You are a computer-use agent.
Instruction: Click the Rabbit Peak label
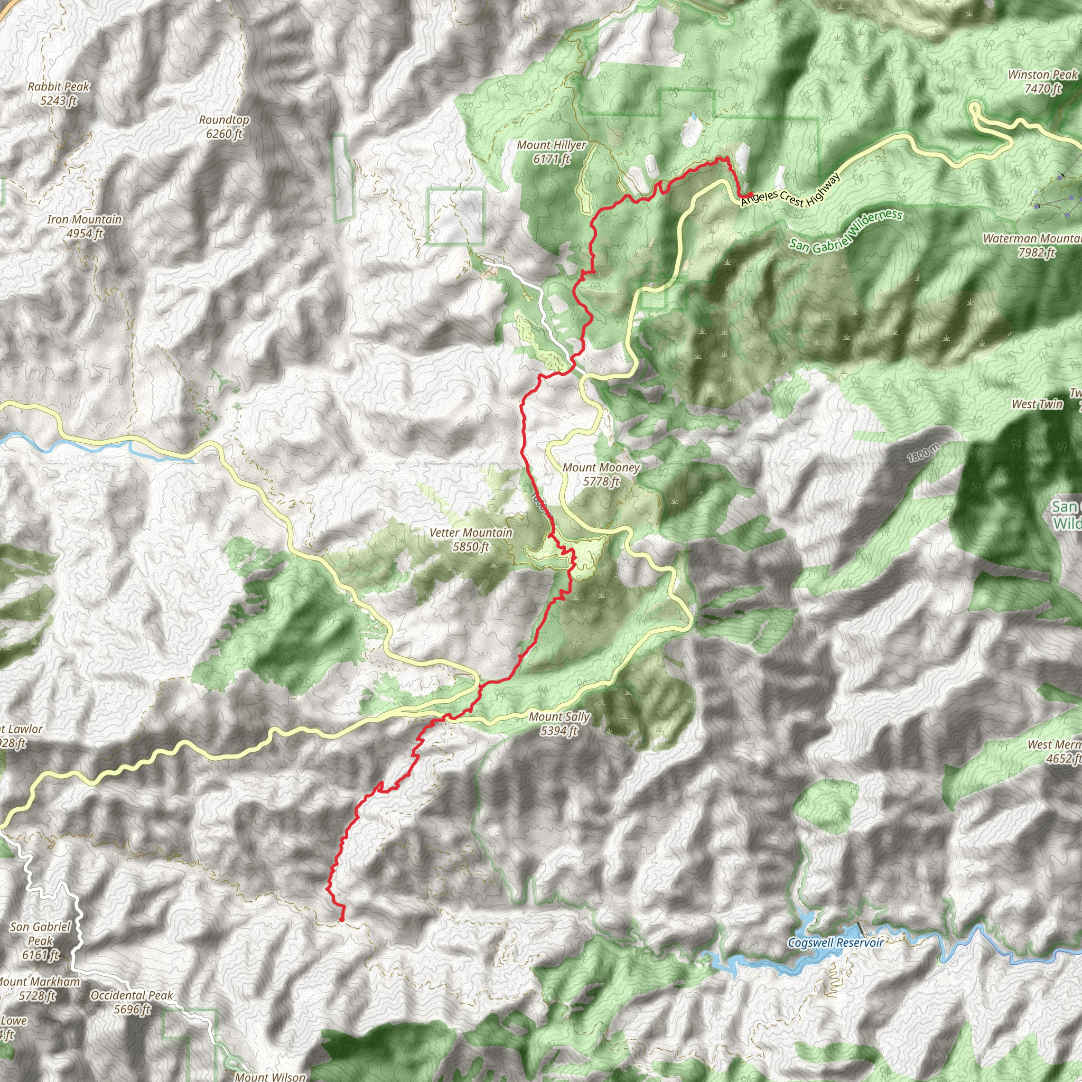pyautogui.click(x=58, y=94)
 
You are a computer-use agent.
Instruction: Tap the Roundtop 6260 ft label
pyautogui.click(x=224, y=127)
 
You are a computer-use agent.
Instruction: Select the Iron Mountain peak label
pyautogui.click(x=84, y=226)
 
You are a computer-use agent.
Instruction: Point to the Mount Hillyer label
pyautogui.click(x=552, y=152)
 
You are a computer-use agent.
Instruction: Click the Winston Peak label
pyautogui.click(x=1042, y=82)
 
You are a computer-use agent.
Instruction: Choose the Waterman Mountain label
pyautogui.click(x=1033, y=245)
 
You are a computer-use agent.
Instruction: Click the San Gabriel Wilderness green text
pyautogui.click(x=846, y=230)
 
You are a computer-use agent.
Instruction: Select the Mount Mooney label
pyautogui.click(x=601, y=474)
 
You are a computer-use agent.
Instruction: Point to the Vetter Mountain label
pyautogui.click(x=471, y=539)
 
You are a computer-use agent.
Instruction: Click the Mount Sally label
pyautogui.click(x=559, y=724)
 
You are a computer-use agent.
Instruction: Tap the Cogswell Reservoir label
pyautogui.click(x=836, y=943)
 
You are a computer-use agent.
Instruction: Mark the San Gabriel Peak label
pyautogui.click(x=40, y=940)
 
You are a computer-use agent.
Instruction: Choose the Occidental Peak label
pyautogui.click(x=132, y=1002)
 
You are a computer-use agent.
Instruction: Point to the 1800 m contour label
pyautogui.click(x=923, y=452)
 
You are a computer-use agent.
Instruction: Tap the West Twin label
pyautogui.click(x=1037, y=404)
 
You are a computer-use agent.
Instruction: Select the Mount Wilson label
pyautogui.click(x=270, y=1076)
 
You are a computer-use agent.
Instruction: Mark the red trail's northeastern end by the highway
pyautogui.click(x=750, y=194)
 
